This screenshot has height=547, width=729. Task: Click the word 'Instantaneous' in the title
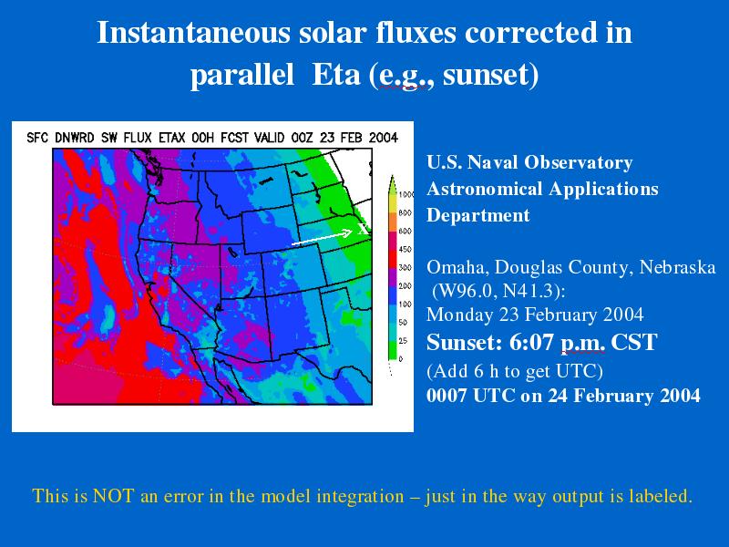tap(193, 33)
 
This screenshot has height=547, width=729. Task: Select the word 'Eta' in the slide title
tap(336, 75)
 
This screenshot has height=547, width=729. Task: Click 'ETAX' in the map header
tap(171, 138)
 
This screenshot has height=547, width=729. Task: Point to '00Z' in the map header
tap(302, 138)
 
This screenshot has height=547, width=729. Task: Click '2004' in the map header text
tap(383, 138)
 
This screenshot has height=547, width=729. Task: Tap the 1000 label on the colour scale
tap(406, 194)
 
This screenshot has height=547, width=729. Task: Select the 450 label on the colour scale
tap(405, 249)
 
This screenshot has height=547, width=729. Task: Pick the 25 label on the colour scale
tap(403, 340)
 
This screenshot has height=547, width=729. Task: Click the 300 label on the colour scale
tap(405, 267)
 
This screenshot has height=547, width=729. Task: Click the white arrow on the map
tap(322, 237)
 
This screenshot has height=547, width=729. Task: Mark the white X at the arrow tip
tap(363, 229)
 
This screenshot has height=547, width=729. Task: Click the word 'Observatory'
tap(579, 162)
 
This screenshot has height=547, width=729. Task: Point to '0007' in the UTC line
tap(447, 396)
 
